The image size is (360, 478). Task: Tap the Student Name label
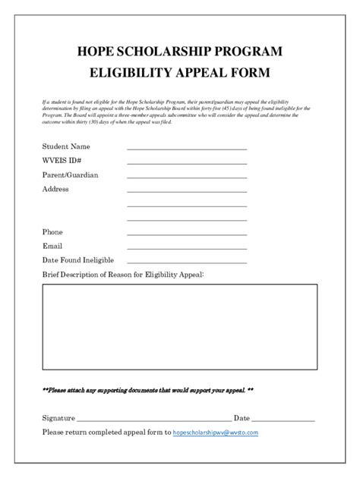[x=67, y=146]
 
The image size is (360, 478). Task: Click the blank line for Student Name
[x=186, y=149]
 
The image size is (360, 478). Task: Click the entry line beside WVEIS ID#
[x=186, y=163]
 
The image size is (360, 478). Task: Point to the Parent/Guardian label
[x=71, y=175]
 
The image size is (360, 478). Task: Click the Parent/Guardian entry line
[x=186, y=178]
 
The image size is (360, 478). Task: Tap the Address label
[x=55, y=189]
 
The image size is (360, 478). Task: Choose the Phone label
[x=53, y=231]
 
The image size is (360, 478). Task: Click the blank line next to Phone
[x=186, y=234]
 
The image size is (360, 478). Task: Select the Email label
[x=52, y=246]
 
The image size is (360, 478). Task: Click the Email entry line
[x=186, y=249]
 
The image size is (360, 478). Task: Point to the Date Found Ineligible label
[x=79, y=260]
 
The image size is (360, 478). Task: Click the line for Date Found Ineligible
[x=186, y=263]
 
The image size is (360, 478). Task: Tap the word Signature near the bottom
[x=58, y=418]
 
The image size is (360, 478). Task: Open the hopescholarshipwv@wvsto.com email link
[x=216, y=432]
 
